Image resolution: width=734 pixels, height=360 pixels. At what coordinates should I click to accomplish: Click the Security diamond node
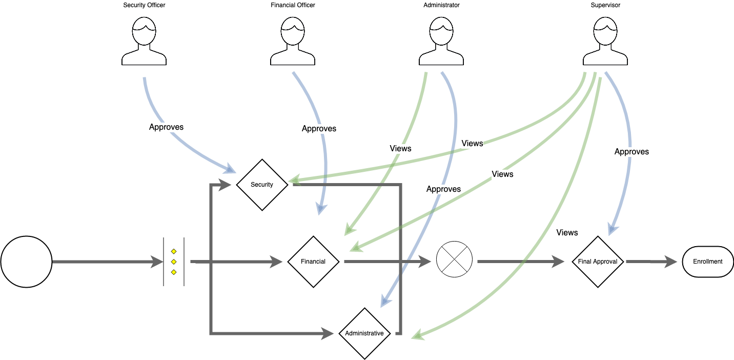pos(262,185)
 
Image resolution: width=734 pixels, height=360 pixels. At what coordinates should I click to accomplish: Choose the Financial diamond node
pos(313,262)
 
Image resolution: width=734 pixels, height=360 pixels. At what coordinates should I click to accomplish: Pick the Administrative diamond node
pos(364,333)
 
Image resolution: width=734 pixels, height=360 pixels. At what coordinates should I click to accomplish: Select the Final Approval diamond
pos(598,262)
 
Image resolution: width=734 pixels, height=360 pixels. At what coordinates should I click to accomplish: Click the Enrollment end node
pos(708,262)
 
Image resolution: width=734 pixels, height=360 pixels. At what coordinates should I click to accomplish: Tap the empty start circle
pos(26,262)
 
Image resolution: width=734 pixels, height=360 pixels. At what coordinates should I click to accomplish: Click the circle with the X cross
pos(454,262)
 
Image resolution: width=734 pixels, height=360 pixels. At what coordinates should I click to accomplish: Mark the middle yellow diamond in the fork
pos(174,262)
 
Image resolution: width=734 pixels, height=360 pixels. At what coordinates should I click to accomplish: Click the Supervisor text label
pos(605,5)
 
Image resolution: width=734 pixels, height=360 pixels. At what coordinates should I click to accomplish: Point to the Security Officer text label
pos(144,5)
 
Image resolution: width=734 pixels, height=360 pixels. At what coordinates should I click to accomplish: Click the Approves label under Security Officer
pos(166,127)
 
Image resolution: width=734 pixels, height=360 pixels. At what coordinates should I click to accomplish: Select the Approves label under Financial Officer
pos(319,128)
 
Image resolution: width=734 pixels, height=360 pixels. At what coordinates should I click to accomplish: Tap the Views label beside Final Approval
pos(567,232)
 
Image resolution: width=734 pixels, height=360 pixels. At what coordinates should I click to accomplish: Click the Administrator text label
pos(441,5)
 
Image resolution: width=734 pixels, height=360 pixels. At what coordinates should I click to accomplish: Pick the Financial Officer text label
pos(293,5)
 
